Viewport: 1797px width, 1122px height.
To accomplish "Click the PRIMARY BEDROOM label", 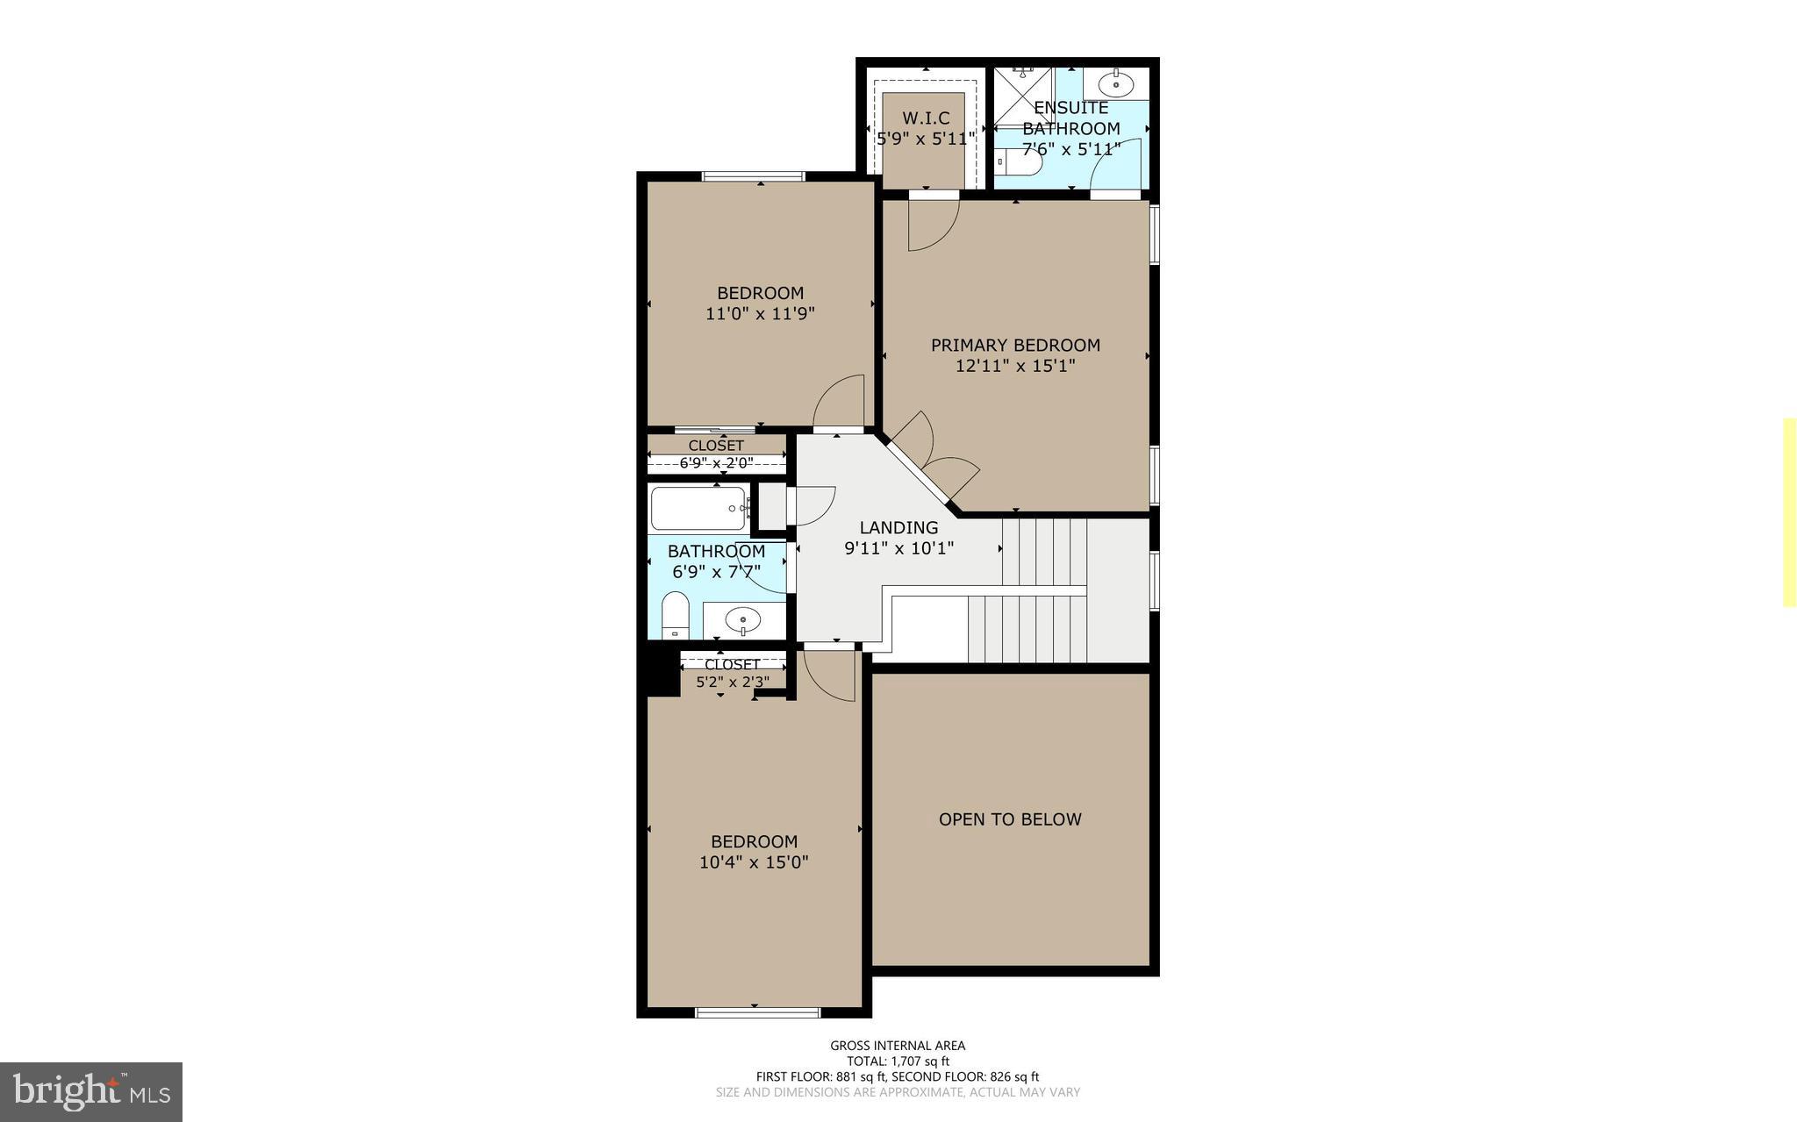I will [1015, 345].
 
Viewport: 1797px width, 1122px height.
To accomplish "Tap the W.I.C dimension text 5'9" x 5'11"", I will [926, 139].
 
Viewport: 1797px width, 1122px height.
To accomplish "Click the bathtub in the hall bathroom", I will [698, 508].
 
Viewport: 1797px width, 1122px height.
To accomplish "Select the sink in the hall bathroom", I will [744, 620].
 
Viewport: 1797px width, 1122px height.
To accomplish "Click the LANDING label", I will [898, 527].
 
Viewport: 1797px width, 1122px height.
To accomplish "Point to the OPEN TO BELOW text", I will [1010, 819].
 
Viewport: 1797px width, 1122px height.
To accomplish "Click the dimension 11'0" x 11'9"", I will [760, 313].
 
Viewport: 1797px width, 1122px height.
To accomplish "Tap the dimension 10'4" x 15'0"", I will [754, 862].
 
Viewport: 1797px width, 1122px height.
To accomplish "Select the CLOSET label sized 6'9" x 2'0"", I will [716, 446].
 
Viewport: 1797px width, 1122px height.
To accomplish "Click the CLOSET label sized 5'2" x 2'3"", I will [732, 665].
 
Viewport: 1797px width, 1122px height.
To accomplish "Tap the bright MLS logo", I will [91, 1091].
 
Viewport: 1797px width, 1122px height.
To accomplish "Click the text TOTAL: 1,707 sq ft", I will [898, 1061].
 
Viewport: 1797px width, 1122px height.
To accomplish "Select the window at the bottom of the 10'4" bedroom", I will [757, 1012].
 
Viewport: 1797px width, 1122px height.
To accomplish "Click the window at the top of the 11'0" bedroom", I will [753, 176].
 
